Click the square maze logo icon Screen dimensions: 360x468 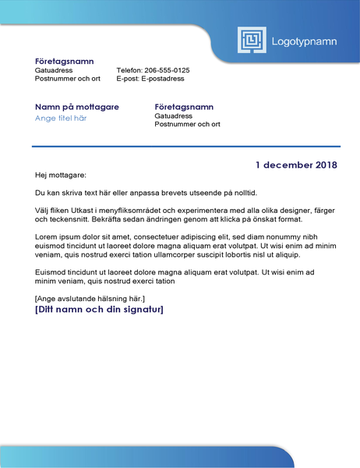252,41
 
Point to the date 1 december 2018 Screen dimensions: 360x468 296,165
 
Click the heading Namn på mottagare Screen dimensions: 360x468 77,107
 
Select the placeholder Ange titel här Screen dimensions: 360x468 61,119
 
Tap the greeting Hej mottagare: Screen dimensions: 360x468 61,175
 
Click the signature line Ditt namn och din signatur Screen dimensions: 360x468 99,310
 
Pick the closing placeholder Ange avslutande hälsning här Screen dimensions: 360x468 90,298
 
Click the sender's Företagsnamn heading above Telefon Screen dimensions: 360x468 65,61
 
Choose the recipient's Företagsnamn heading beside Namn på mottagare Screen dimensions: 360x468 184,107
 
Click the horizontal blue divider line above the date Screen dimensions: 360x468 186,146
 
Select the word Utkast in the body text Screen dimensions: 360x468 90,211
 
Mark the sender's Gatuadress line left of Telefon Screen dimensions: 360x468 55,70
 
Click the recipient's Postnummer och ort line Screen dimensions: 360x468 187,124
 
